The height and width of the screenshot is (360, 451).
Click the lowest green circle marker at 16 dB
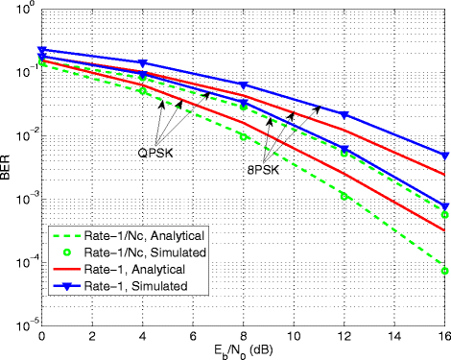tap(444, 270)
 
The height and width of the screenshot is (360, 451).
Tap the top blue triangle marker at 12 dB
tap(344, 115)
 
